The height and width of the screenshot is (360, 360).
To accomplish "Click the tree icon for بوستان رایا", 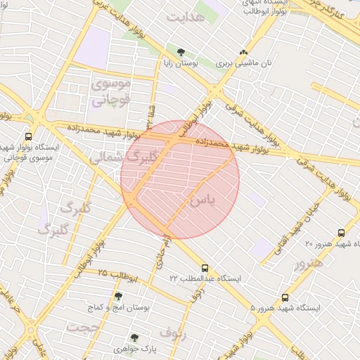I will point(181,52).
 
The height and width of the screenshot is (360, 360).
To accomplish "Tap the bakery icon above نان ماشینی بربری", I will point(244,52).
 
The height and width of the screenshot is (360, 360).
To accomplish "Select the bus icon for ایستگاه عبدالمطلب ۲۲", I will point(205,268).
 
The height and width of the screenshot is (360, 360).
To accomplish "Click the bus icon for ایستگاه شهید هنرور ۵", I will point(285,297).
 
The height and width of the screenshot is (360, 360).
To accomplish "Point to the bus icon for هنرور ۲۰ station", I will point(341,233).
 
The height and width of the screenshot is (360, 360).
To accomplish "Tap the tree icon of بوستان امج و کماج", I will point(118,297).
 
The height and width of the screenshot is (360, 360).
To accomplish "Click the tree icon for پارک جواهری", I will point(134,337).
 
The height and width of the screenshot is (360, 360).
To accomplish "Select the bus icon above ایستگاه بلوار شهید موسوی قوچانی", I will point(28,136).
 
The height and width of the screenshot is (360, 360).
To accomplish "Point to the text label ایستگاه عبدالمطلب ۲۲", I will point(205,278).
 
